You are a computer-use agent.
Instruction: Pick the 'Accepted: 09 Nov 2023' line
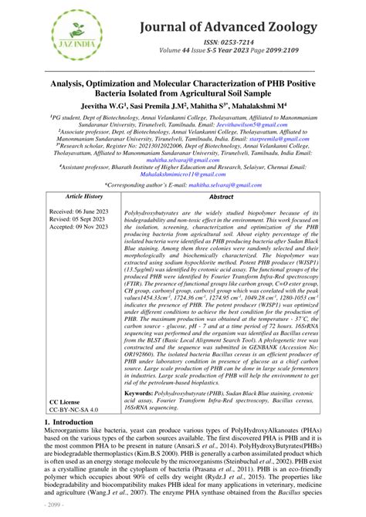pyautogui.click(x=76, y=228)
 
